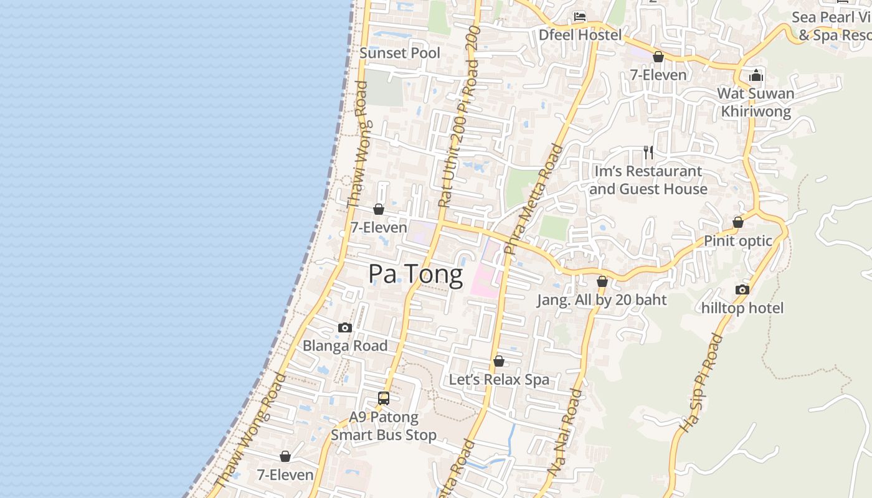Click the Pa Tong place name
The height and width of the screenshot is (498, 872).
pos(415,275)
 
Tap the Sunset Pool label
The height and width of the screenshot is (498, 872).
pos(400,53)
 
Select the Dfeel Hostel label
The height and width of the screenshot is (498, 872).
pos(580,35)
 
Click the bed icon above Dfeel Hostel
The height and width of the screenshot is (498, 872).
pos(580,17)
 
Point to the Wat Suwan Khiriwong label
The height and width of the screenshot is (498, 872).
pos(756,103)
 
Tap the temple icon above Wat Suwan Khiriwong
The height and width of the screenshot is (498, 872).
pos(756,76)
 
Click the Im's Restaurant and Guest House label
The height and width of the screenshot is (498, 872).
pos(648,180)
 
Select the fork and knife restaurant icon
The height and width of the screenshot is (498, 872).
pos(648,153)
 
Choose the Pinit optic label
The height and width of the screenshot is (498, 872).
pos(738,241)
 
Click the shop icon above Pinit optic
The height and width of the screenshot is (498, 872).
pos(738,222)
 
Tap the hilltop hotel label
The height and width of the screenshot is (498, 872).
pos(742,308)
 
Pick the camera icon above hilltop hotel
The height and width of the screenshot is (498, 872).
pos(742,289)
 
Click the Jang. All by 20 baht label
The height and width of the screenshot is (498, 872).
pos(602,300)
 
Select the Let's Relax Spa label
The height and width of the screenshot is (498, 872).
pos(499,380)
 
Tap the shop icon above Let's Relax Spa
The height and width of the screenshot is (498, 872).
pos(499,361)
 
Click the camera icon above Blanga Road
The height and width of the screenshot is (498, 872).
pos(345,327)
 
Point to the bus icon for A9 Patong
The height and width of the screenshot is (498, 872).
pos(384,398)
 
